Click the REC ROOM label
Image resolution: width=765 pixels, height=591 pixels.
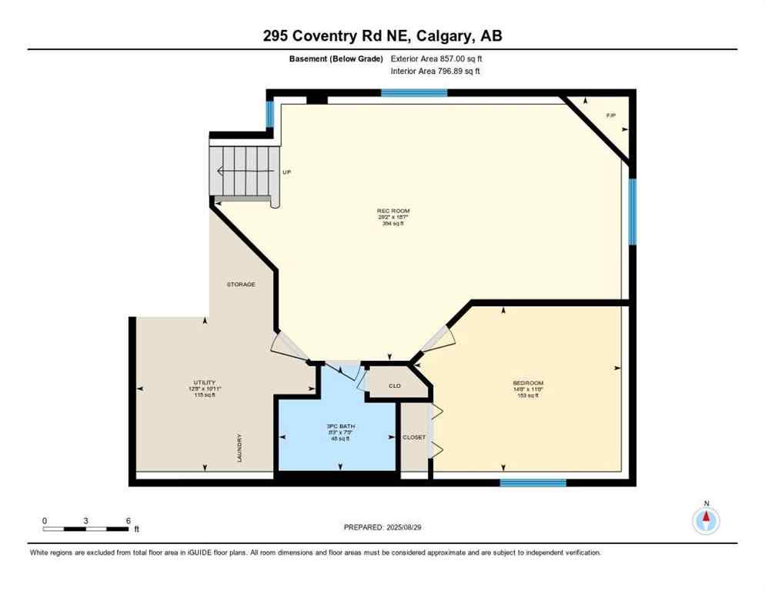click(393, 211)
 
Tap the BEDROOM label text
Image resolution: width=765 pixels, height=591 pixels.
click(528, 383)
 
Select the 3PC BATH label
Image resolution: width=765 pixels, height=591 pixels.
click(339, 426)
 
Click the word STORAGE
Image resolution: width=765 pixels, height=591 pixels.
click(240, 285)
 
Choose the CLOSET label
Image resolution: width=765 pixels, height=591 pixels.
click(414, 437)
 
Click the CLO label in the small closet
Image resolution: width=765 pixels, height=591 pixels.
click(394, 386)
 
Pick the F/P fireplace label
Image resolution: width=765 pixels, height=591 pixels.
click(611, 115)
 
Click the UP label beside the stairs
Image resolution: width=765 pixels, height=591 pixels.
click(286, 172)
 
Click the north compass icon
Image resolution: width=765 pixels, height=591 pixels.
click(706, 520)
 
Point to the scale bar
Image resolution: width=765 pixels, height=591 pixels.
click(86, 529)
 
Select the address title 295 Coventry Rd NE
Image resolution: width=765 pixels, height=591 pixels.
click(382, 35)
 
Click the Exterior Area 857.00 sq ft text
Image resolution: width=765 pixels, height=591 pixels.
click(436, 58)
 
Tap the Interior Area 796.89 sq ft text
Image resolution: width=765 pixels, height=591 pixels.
click(436, 72)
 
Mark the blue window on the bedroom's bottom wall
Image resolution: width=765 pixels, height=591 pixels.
click(533, 483)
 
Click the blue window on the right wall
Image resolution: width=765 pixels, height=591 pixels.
click(633, 211)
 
